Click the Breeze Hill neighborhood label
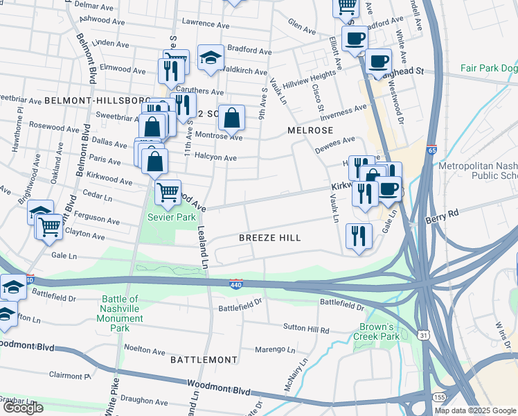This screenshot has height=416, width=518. pos(269,238)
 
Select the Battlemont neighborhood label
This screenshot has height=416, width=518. pos(204,361)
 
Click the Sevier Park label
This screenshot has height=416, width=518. pos(171,218)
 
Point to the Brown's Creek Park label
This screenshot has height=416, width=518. pos(379,331)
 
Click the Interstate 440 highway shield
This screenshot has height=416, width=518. pos(236,284)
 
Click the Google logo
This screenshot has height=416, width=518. pos(23,408)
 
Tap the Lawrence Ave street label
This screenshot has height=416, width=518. pos(195,23)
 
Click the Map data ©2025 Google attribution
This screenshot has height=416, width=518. pos(475,410)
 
